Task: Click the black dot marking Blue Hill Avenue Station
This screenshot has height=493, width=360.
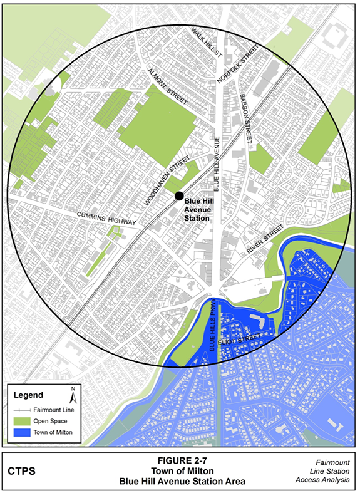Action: coord(178,196)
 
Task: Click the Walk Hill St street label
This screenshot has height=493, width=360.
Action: coord(207,42)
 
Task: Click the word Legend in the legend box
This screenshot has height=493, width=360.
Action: coord(29,395)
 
